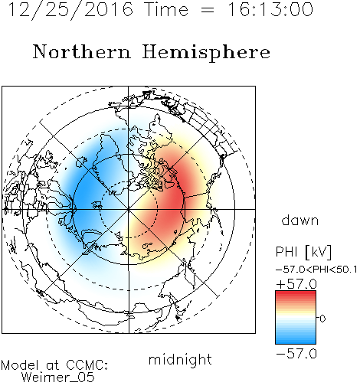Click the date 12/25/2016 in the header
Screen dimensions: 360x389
(x=70, y=10)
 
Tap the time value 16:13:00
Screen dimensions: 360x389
(x=270, y=9)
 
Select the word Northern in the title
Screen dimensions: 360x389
(x=82, y=52)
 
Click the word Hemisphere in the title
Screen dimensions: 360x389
(x=206, y=53)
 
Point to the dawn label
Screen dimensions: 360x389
(x=300, y=221)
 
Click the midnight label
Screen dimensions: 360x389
(x=180, y=359)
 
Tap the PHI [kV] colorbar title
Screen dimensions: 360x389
(x=303, y=252)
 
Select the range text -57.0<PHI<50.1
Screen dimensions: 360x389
(x=316, y=270)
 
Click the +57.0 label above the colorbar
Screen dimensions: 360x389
(x=296, y=284)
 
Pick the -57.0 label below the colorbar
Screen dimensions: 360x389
(x=296, y=354)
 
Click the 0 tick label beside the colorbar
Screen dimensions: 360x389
(x=322, y=319)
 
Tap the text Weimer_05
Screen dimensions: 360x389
(x=58, y=378)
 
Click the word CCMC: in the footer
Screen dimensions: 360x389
(x=87, y=365)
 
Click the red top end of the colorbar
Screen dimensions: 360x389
(x=296, y=293)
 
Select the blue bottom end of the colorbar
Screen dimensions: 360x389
(x=296, y=342)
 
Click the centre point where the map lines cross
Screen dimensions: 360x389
(x=129, y=209)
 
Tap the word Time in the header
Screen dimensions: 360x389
(x=166, y=9)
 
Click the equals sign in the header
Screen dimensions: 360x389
(x=208, y=10)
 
